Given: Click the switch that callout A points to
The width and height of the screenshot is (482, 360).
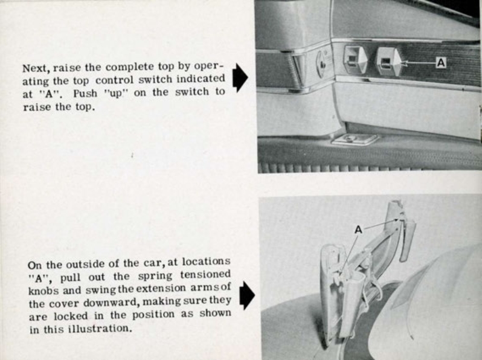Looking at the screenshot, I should (387, 62).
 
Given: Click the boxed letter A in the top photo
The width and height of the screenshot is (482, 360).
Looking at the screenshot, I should (440, 62).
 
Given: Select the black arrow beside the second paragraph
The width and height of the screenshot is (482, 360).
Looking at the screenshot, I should (247, 296).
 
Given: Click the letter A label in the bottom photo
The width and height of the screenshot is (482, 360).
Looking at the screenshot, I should (358, 230).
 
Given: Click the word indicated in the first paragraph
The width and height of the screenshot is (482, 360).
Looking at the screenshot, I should (200, 79).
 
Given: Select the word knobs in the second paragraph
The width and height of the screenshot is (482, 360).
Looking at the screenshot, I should (42, 289).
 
